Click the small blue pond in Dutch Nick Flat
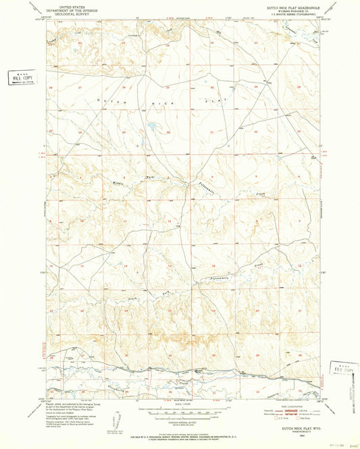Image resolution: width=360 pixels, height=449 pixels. (x=153, y=126)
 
